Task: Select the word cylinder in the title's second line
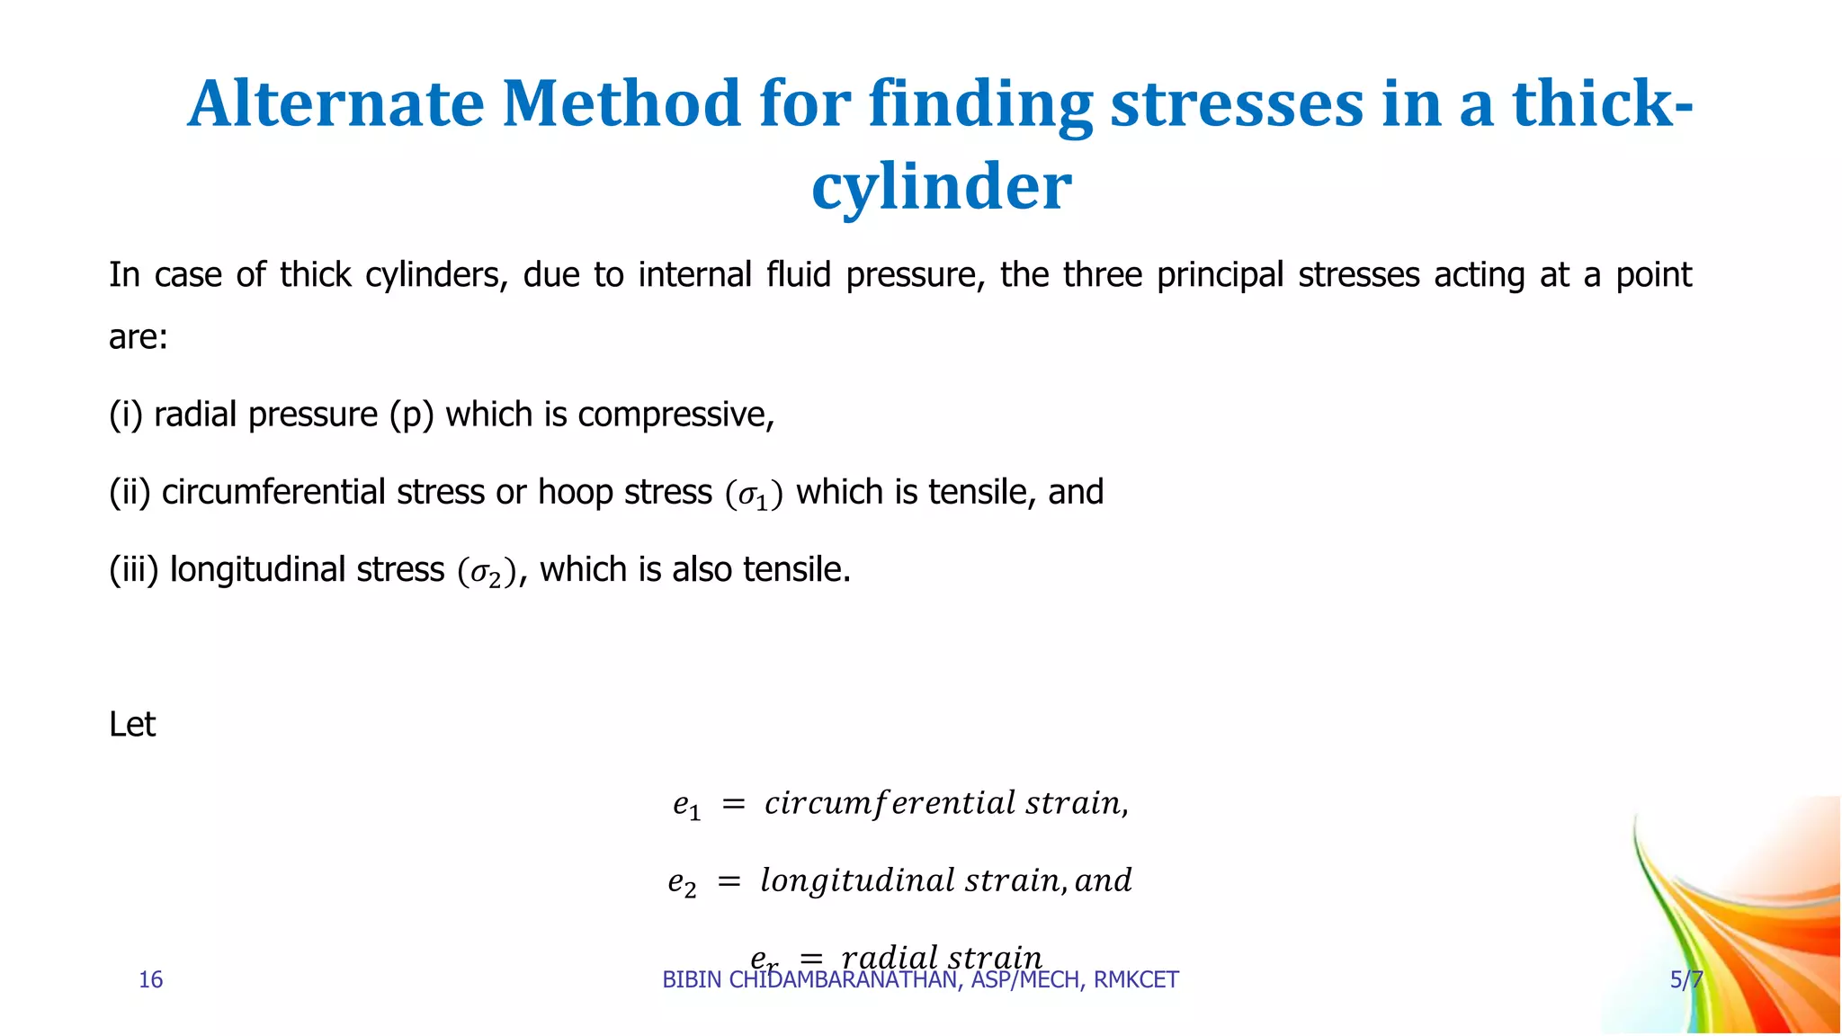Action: coord(941,186)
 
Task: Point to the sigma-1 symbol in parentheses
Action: coord(754,494)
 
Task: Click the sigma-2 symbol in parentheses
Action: coord(487,571)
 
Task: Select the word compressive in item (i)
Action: coord(675,415)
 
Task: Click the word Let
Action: coord(132,724)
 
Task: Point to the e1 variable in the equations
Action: coord(686,804)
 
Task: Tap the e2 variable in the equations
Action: coord(682,881)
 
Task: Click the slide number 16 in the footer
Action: coord(150,979)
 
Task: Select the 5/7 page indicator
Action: coord(1686,979)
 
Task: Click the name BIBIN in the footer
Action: coord(692,979)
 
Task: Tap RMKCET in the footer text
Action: coord(1136,979)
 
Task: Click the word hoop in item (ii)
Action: coord(570,492)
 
